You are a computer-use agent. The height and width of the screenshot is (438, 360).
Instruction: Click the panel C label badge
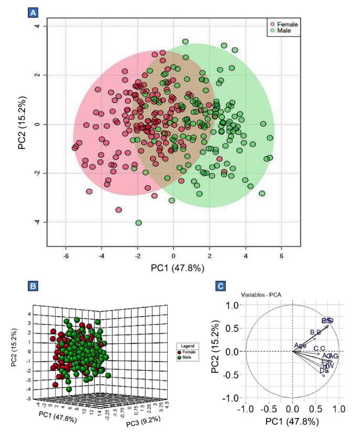(x=222, y=287)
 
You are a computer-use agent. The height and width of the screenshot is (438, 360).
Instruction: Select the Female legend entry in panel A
(x=284, y=24)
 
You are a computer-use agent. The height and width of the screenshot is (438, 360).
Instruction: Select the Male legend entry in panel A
(x=281, y=31)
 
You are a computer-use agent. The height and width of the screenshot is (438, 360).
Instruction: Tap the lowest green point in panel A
(x=139, y=223)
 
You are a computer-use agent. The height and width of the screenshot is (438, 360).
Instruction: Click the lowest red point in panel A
(x=119, y=210)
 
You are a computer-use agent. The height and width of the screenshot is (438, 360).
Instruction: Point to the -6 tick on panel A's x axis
(x=65, y=255)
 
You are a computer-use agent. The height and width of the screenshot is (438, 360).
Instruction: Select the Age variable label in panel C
(x=300, y=345)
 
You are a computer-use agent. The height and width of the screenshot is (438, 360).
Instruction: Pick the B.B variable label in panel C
(x=315, y=332)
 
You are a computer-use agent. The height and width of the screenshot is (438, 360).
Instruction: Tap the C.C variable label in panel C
(x=320, y=348)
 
